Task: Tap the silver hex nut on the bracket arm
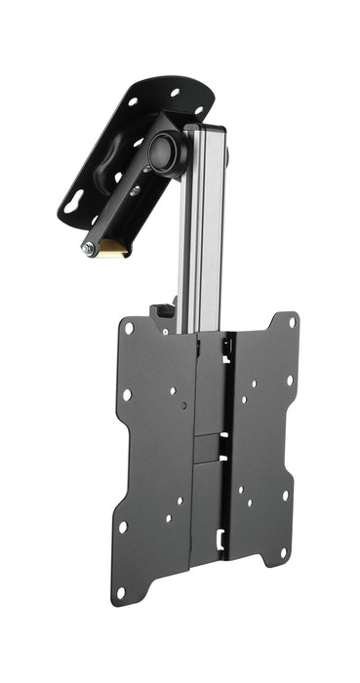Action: (x=88, y=250)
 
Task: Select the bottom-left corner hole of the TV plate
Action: (x=121, y=591)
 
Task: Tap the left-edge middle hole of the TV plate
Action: (x=126, y=395)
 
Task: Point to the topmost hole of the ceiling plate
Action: (x=175, y=93)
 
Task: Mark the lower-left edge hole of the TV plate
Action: (x=123, y=527)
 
